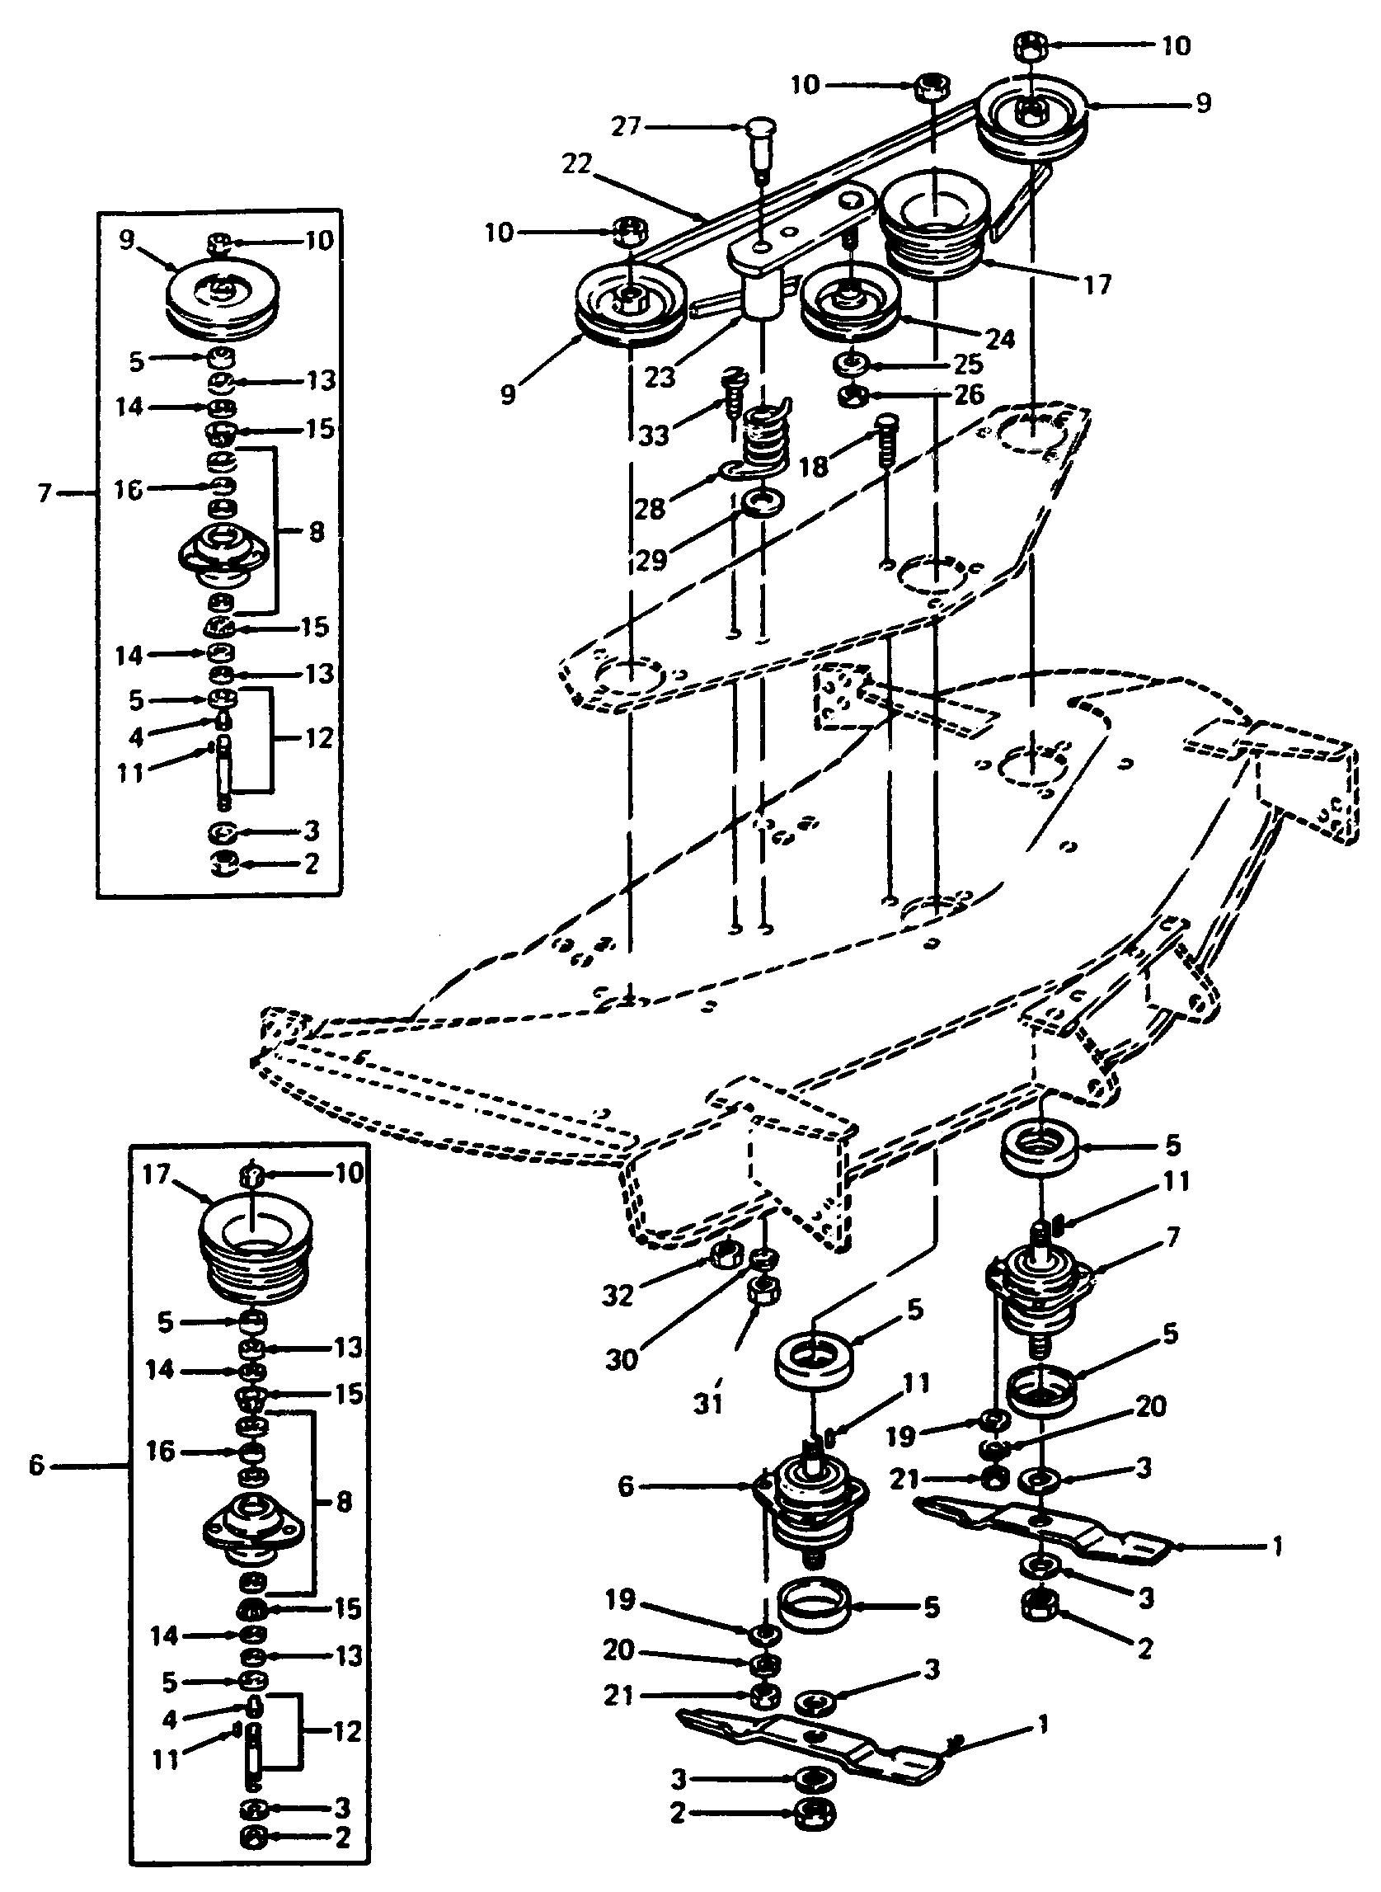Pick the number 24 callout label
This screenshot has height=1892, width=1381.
pos(999,339)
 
